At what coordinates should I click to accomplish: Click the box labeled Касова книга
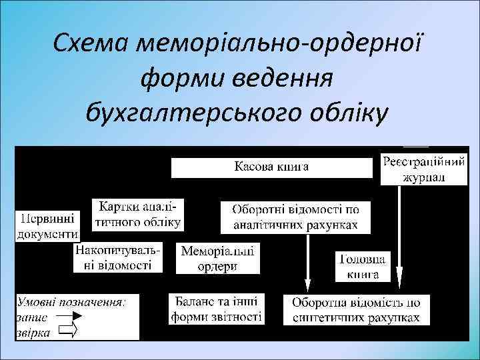[271, 167]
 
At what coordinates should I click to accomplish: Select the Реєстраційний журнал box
[414, 170]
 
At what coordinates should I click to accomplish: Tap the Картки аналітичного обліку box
[138, 214]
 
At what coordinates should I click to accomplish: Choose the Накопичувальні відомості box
[119, 258]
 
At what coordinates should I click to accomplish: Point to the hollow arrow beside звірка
[68, 330]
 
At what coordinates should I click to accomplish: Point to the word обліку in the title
[346, 113]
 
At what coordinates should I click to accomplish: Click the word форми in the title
[182, 79]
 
